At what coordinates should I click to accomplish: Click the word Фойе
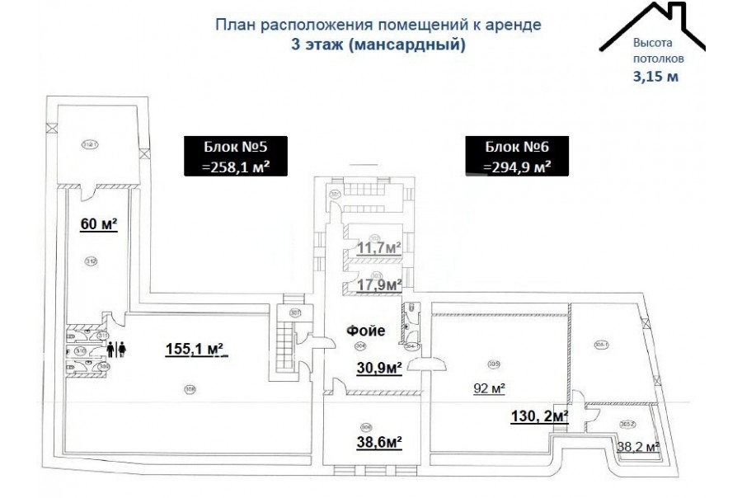point(366,331)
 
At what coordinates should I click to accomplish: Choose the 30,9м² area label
point(378,369)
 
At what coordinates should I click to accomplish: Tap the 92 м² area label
point(489,389)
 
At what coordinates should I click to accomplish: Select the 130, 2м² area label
point(540,418)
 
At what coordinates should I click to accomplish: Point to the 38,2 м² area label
point(638,447)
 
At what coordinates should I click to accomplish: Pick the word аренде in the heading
point(514,25)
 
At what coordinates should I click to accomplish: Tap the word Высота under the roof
point(653,43)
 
